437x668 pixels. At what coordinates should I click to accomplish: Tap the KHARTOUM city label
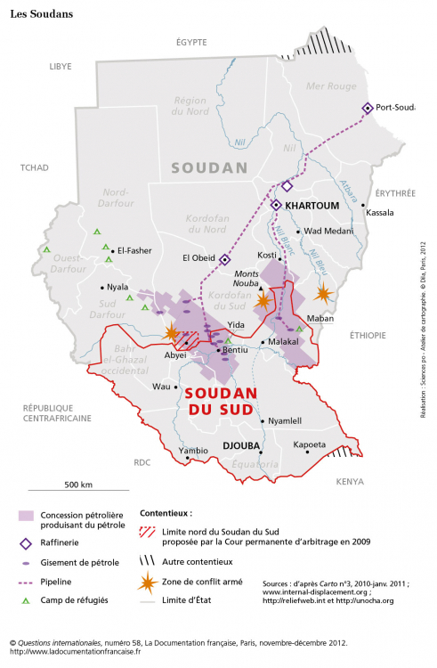click(312, 205)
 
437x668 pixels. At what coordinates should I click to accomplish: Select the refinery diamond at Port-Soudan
click(367, 108)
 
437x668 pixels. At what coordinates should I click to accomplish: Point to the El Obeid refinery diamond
click(225, 259)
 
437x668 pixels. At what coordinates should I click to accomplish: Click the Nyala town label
click(118, 288)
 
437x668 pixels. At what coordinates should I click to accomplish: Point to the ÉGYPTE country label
click(191, 42)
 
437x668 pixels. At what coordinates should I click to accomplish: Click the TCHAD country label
click(36, 167)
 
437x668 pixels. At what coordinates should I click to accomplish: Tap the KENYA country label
click(351, 481)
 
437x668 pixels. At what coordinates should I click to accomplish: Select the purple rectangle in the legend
click(27, 517)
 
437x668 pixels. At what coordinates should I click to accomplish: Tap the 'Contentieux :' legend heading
click(166, 514)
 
